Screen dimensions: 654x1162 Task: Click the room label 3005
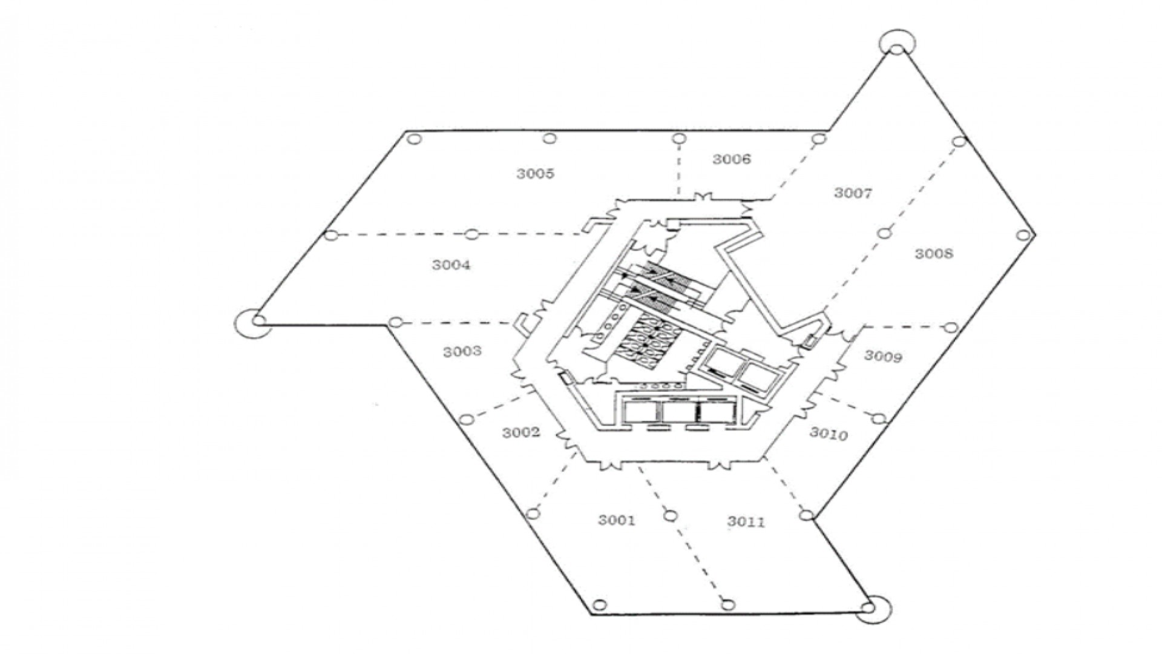coord(535,174)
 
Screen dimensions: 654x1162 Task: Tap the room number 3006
coord(731,159)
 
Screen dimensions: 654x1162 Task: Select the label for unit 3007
coord(853,193)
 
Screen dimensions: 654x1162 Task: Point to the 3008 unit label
coord(933,253)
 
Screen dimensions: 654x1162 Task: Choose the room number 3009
coord(883,356)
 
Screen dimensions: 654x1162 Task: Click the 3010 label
coord(829,434)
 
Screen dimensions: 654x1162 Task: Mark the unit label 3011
coord(746,521)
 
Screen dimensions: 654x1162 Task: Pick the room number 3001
coord(617,520)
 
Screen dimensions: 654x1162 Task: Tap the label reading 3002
coord(520,432)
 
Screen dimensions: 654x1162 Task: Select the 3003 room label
coord(462,351)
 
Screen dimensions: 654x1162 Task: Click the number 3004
coord(451,265)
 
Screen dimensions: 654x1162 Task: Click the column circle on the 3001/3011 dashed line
coord(669,516)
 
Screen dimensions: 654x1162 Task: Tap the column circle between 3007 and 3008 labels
coord(884,233)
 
